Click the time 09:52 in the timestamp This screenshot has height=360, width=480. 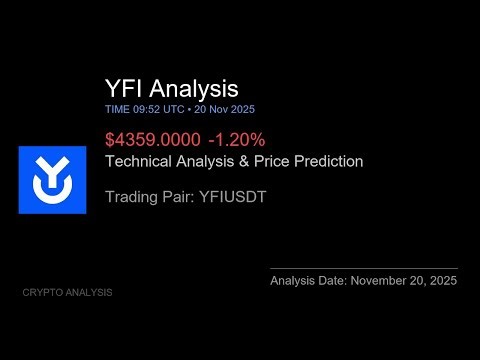pyautogui.click(x=145, y=108)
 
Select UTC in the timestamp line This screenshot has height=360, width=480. pyautogui.click(x=173, y=108)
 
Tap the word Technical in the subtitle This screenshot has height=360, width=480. pyautogui.click(x=141, y=160)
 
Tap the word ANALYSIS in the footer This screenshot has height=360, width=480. pyautogui.click(x=90, y=293)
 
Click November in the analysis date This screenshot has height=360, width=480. pyautogui.click(x=381, y=281)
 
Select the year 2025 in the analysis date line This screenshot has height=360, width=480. pyautogui.click(x=442, y=281)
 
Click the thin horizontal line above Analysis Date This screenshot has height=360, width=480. pyautogui.click(x=363, y=268)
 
